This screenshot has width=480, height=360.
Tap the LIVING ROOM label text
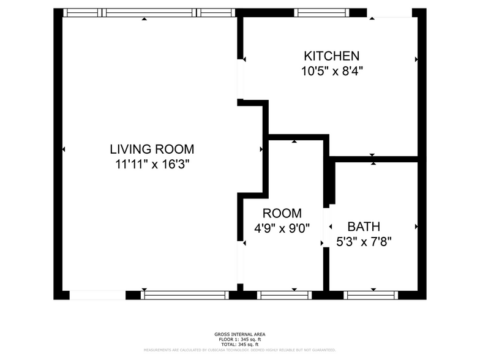[152, 149]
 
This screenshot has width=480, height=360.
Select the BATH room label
[364, 226]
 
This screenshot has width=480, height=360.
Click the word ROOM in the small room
[282, 214]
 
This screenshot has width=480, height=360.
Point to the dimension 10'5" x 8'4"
[333, 71]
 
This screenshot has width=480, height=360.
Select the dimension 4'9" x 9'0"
[282, 228]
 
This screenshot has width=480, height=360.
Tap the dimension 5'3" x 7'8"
[364, 241]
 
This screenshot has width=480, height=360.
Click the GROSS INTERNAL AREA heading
[240, 334]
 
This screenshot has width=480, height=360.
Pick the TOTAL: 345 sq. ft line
[240, 345]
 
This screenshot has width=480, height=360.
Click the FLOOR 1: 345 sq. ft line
[240, 340]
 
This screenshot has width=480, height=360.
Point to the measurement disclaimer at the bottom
[240, 350]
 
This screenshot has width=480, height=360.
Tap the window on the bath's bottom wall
[372, 295]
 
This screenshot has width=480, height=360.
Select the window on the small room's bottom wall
[285, 295]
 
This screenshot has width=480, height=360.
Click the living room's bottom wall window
[185, 295]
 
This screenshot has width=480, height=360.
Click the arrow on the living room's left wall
[64, 149]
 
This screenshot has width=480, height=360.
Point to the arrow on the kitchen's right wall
[416, 59]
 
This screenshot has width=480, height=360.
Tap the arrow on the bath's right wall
[416, 227]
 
